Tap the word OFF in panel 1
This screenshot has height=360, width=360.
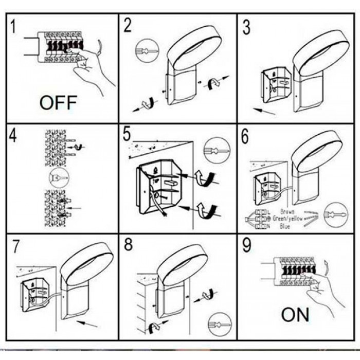[58, 102]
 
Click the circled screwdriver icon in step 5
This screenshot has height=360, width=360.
[213, 152]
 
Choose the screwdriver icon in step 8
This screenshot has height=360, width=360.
[218, 325]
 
